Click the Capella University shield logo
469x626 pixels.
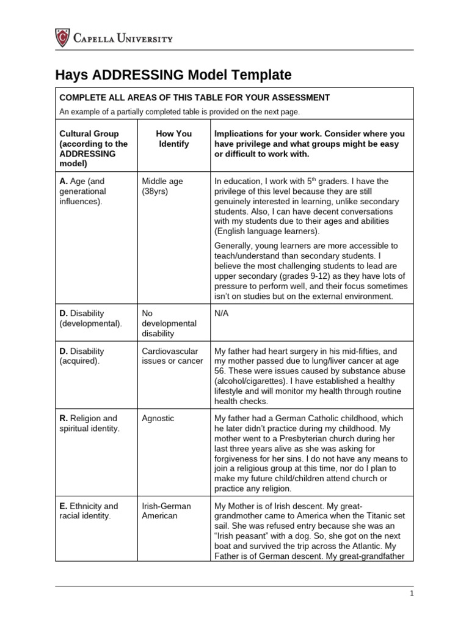62,39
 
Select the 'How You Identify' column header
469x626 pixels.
174,139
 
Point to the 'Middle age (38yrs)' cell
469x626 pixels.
162,186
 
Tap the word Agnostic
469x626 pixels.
158,419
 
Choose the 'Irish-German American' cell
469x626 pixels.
166,511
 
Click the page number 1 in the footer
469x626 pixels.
412,593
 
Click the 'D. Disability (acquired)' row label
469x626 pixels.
82,356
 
